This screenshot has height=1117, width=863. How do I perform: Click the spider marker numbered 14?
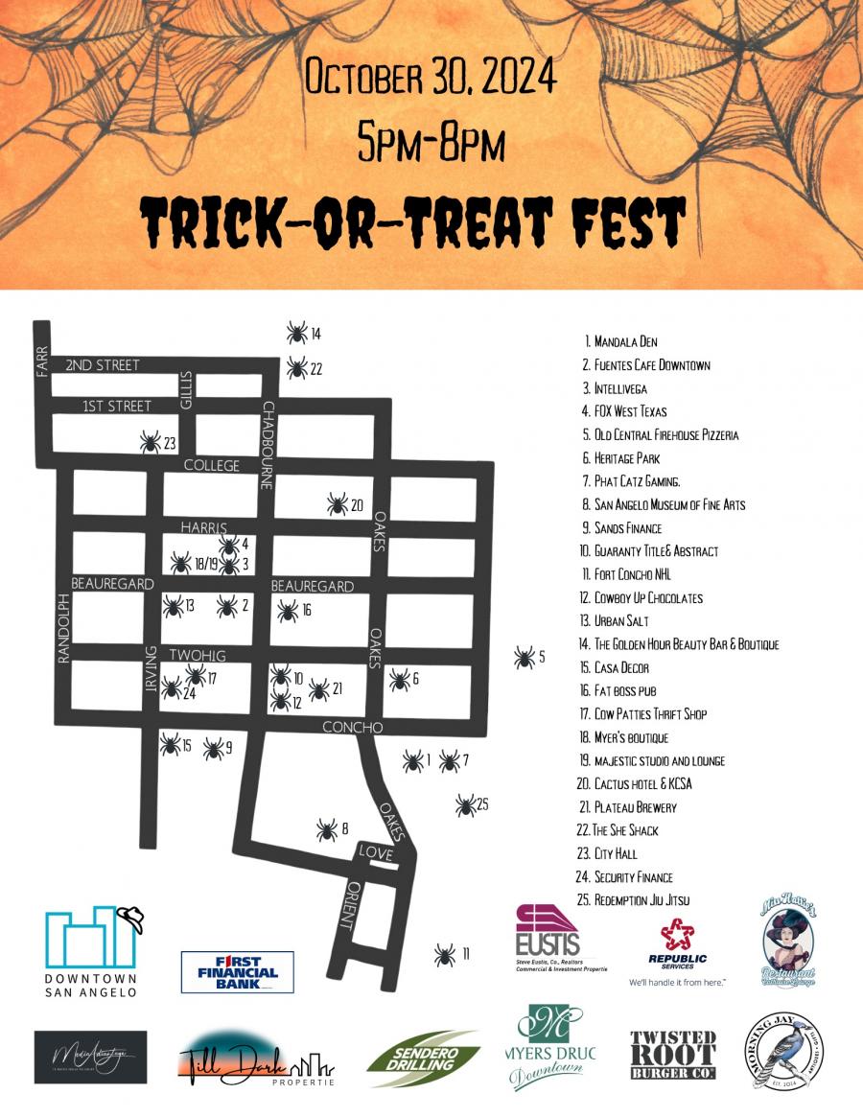point(297,333)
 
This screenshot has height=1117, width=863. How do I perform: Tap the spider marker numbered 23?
point(151,442)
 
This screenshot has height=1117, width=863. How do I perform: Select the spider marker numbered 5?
point(524,658)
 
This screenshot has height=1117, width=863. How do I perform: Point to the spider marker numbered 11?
point(444,954)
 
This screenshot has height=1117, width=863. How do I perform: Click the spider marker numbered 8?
point(326,829)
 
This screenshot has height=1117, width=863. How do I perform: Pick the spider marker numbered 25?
point(466,804)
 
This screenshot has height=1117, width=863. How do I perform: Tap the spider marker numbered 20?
point(337,504)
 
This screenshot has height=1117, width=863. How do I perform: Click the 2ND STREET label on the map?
point(103,365)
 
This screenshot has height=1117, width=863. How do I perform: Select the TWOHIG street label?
point(198,655)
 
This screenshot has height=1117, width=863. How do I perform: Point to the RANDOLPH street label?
point(64,627)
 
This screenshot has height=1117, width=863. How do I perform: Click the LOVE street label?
point(375,851)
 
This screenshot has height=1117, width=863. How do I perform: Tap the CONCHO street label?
point(339,727)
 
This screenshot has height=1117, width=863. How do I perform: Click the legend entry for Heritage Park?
point(626,458)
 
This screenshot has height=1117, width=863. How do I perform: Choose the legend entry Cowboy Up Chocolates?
point(648,598)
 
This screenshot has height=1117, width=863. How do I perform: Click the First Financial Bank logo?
point(237,971)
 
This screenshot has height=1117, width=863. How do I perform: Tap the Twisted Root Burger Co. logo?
point(673,1055)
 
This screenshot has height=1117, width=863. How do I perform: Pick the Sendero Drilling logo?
point(423,1059)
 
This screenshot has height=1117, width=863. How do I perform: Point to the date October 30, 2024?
point(431,77)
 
